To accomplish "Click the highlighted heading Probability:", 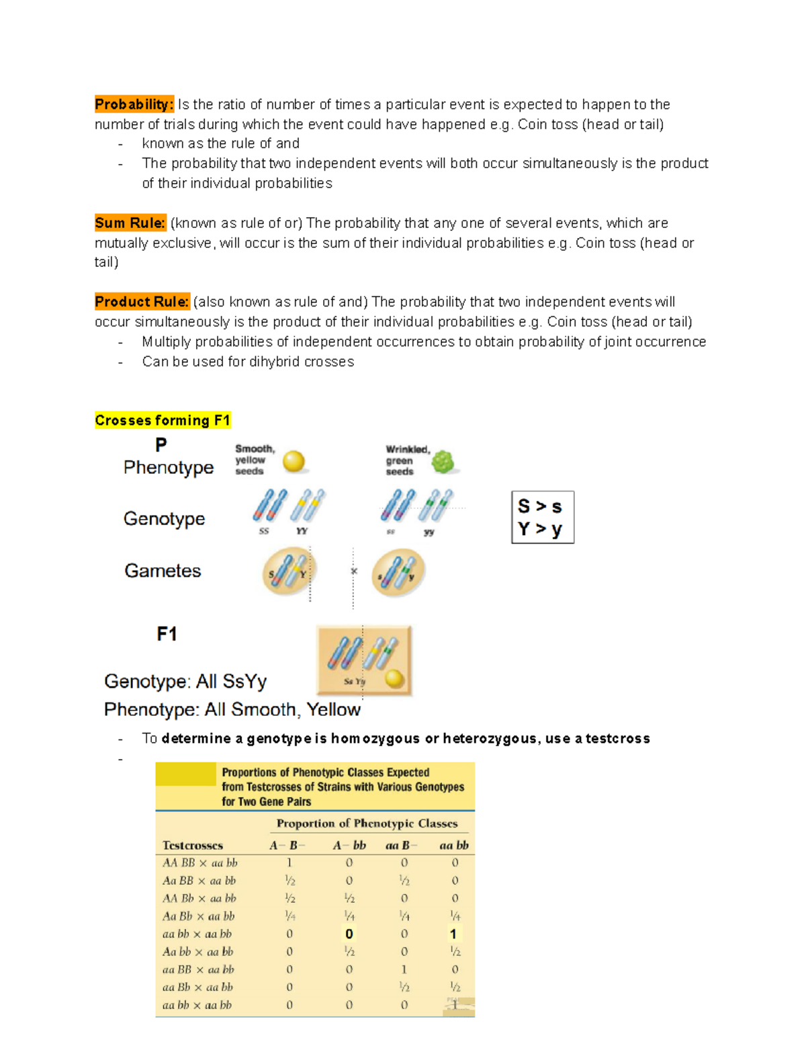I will (x=134, y=104).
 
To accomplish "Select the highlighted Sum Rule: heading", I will (x=130, y=223).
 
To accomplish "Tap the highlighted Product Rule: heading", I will (x=142, y=302).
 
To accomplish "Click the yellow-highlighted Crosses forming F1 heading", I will (x=163, y=420).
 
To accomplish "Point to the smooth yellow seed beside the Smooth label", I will (x=294, y=461).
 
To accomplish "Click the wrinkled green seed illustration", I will (x=443, y=462).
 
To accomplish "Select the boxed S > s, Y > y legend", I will (x=542, y=517).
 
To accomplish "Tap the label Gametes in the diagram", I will (x=163, y=571).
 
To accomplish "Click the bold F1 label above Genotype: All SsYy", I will (x=167, y=634).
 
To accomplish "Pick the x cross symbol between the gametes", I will (x=354, y=571).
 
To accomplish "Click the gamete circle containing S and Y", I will (x=288, y=571).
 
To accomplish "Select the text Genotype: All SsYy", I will (x=185, y=682).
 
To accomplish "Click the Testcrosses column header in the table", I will (x=193, y=845).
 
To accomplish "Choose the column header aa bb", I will (x=454, y=845).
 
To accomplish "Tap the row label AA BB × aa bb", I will (x=200, y=862).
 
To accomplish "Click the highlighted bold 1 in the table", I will (x=453, y=934).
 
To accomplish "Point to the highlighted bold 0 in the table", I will (x=349, y=934).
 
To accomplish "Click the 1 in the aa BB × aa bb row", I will (x=404, y=969).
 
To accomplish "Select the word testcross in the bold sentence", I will (x=617, y=739).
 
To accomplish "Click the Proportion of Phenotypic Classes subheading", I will (x=367, y=824).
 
